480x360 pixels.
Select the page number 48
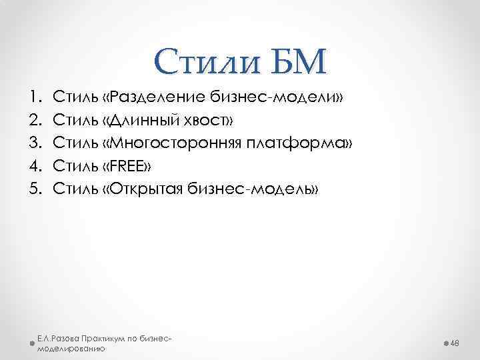point(456,342)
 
